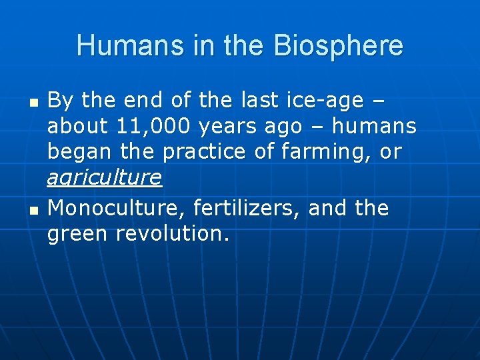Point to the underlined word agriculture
(105, 177)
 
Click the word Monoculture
(117, 208)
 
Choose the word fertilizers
(247, 208)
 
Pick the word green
(78, 234)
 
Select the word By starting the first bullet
(60, 100)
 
